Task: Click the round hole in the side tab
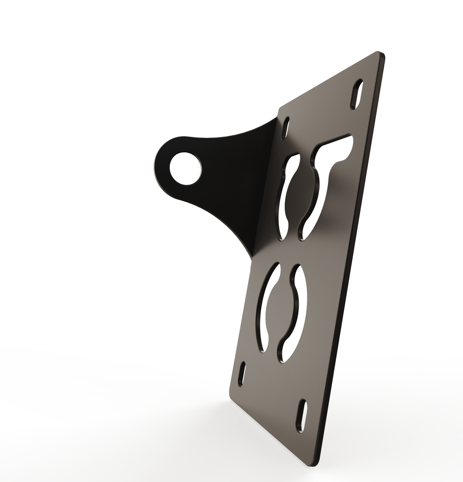(185, 169)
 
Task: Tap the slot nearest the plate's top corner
(356, 94)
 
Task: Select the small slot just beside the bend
(286, 128)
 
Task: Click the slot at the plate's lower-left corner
(242, 374)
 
